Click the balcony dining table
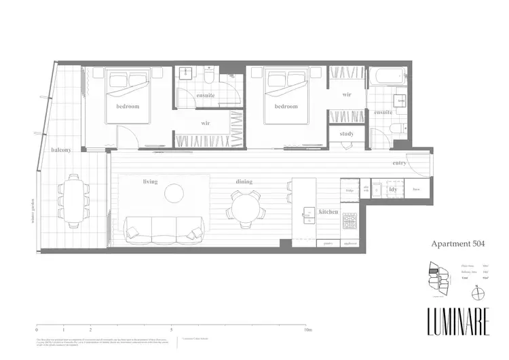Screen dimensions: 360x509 pos(73,197)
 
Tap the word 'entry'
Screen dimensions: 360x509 pos(400,164)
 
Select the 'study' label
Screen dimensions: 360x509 pos(346,134)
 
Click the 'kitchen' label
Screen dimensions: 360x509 pos(328,213)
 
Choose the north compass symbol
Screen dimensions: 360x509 pos(480,293)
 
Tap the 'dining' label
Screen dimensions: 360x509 pos(244,182)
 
